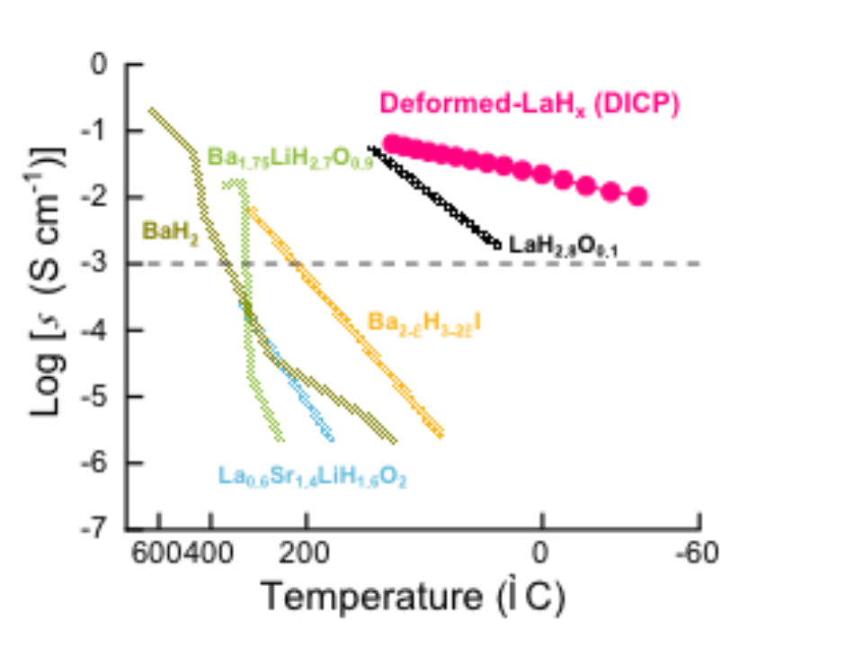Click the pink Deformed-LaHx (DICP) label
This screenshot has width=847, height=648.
tap(530, 103)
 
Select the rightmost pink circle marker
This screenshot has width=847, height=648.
tap(637, 197)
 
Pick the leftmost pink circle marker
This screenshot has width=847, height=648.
tap(390, 142)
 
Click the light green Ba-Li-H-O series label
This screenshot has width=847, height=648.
tap(290, 157)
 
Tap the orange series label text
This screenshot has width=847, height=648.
tap(423, 320)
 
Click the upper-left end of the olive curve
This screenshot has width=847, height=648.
tap(151, 111)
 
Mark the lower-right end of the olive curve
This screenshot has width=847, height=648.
tap(394, 441)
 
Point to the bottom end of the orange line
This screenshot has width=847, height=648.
tap(440, 436)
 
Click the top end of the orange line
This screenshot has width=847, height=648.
tap(251, 210)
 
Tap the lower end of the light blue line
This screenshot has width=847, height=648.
tap(331, 439)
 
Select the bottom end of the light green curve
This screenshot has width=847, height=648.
tap(281, 440)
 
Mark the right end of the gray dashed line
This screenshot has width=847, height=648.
tap(699, 263)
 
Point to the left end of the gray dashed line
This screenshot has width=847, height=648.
tap(149, 263)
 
